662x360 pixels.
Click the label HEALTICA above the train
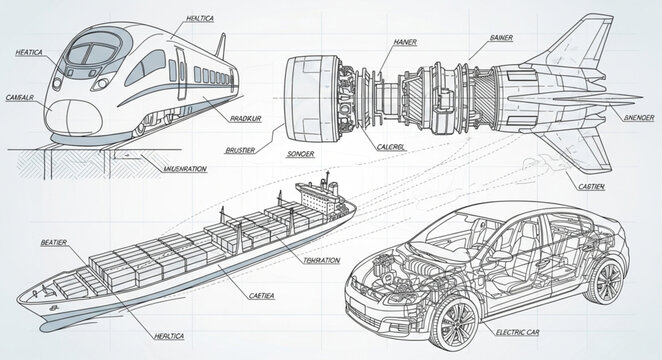click(207, 19)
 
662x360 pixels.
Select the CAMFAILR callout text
click(19, 97)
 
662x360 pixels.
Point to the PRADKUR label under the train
click(247, 119)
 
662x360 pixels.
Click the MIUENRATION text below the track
click(183, 169)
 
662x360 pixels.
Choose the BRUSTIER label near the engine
click(234, 150)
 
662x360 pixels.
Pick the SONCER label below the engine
click(300, 155)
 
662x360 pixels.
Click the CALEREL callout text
click(391, 146)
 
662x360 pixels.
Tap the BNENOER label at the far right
click(634, 117)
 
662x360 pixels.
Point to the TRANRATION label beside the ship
click(320, 260)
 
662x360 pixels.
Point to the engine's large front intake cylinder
click(304, 96)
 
